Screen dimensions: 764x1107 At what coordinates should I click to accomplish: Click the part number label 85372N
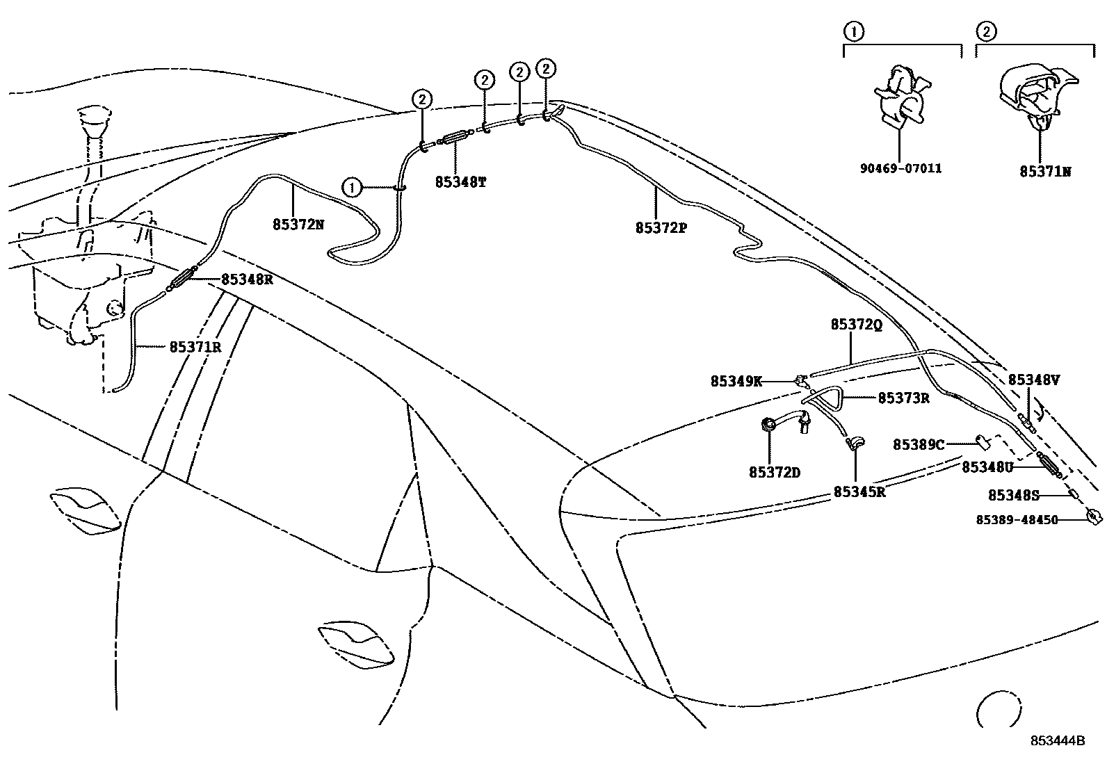pos(298,225)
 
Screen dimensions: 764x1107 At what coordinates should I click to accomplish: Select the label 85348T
pos(460,182)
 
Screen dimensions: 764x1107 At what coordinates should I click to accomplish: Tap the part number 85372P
pos(661,227)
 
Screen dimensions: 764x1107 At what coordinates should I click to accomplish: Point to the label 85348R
pos(247,279)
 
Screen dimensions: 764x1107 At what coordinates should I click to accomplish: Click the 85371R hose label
pos(195,346)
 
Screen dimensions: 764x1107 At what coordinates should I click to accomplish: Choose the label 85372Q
pos(856,325)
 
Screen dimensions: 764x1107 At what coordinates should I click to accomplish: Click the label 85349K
pos(736,381)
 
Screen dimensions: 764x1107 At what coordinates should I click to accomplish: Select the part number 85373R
pos(903,398)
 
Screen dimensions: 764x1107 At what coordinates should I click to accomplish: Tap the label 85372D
pos(774,473)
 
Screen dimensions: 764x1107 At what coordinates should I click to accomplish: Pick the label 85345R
pos(859,492)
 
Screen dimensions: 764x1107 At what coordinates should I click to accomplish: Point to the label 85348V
pos(1034,380)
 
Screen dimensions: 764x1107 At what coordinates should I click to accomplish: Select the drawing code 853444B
pos(1058,740)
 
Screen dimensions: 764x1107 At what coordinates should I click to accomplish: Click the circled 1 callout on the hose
pos(353,187)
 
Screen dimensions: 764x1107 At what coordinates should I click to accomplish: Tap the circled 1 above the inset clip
pos(853,31)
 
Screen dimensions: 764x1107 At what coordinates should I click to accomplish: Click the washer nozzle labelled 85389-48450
pos(1094,517)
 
